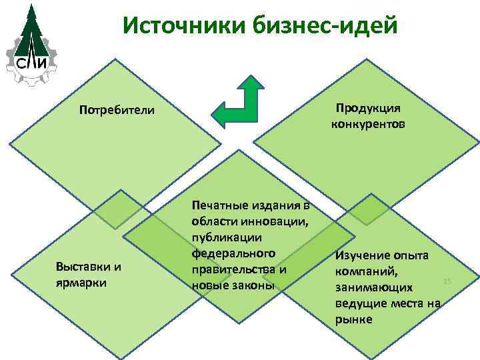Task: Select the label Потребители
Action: click(116, 109)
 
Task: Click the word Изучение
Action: click(364, 257)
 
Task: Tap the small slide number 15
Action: click(447, 281)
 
